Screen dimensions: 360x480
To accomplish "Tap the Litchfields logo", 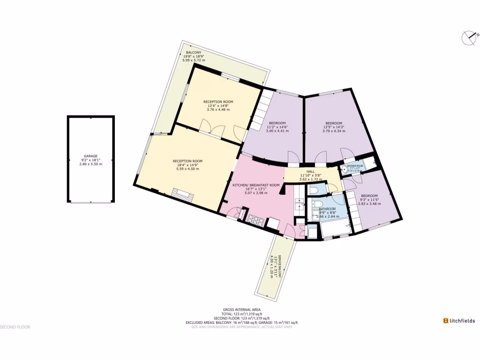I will click(x=459, y=321).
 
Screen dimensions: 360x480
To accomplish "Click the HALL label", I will click(x=310, y=172).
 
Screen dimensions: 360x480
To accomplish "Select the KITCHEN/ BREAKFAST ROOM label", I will click(x=256, y=185).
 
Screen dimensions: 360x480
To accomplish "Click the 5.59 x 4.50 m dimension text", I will click(x=187, y=169).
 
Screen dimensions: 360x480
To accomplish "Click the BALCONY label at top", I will click(x=194, y=52).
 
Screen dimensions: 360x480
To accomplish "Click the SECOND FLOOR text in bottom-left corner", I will click(x=15, y=327).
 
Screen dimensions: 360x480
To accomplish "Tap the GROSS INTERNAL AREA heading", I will click(x=242, y=309).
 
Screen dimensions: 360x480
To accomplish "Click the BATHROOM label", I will click(x=327, y=209).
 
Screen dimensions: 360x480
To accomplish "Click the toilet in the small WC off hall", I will click(x=314, y=190).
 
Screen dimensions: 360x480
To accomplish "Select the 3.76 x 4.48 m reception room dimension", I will click(x=218, y=110).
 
